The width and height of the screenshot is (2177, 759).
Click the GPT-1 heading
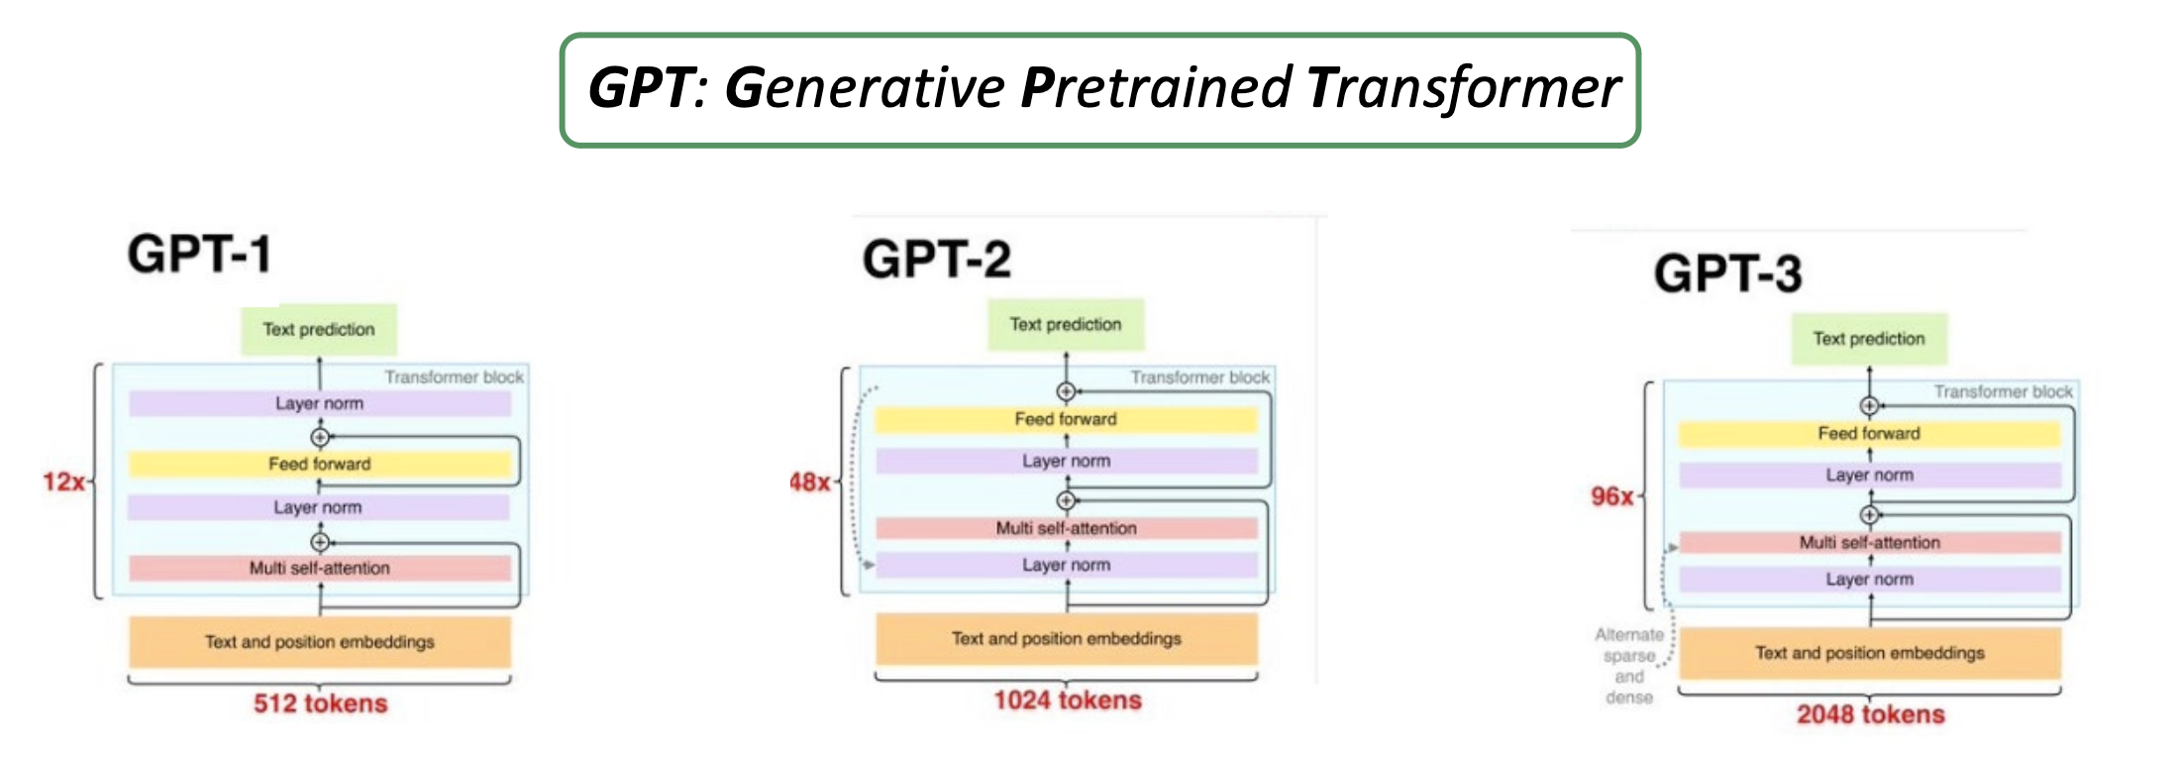coord(199,254)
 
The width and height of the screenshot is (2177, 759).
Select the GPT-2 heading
coord(936,260)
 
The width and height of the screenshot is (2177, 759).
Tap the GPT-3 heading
coord(1727,273)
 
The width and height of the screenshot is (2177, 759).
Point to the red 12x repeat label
coord(63,483)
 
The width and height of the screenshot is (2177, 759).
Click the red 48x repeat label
coord(809,483)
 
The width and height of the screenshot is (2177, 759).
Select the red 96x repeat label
coord(1611,496)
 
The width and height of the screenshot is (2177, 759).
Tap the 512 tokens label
coord(320,704)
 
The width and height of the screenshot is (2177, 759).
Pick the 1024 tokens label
coord(1067,701)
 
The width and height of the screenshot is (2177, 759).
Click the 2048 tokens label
coord(1870,714)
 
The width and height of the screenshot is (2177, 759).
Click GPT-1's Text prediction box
coord(319,330)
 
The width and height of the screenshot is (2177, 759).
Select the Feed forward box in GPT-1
coord(319,464)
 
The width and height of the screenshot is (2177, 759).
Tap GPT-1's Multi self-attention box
coord(319,568)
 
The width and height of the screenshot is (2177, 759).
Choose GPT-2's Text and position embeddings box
coord(1066,639)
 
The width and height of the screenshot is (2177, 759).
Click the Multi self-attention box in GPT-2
coord(1066,528)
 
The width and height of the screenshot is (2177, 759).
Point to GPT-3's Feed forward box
coord(1869,434)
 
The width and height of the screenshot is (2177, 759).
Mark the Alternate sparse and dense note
coord(1629,666)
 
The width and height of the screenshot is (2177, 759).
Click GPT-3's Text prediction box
coord(1869,339)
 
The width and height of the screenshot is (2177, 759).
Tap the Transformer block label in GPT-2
coord(1199,378)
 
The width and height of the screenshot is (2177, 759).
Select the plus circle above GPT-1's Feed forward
coord(319,437)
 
